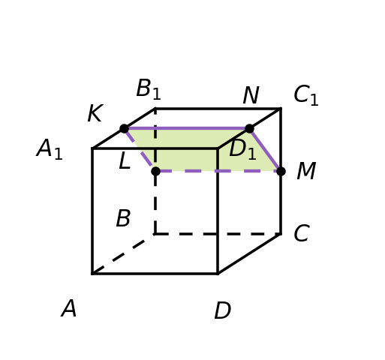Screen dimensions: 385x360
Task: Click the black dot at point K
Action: (x=125, y=129)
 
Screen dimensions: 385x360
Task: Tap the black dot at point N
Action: (x=249, y=129)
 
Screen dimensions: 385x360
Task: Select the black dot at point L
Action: (x=155, y=171)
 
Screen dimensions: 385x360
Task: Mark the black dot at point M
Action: (x=281, y=171)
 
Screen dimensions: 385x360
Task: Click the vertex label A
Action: (x=69, y=308)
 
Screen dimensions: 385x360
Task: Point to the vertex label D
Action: (x=222, y=310)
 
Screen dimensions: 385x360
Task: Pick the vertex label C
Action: (x=302, y=233)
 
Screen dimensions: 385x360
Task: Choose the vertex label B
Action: (x=123, y=218)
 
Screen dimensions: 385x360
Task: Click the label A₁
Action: (x=50, y=148)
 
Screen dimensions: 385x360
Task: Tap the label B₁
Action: (x=149, y=89)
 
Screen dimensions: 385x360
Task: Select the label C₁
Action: (x=306, y=95)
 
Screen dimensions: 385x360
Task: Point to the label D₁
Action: (x=242, y=149)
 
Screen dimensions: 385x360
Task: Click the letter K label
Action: (x=95, y=113)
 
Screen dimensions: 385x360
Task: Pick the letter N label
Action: (x=251, y=95)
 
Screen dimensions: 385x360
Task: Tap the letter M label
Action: (x=306, y=171)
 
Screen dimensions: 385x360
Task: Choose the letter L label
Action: (x=125, y=160)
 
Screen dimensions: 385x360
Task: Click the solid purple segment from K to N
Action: (x=187, y=128)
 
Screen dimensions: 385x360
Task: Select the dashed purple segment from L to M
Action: (x=218, y=171)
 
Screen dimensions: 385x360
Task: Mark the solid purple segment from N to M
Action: (x=265, y=150)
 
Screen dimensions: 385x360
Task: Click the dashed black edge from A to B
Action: (x=124, y=254)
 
